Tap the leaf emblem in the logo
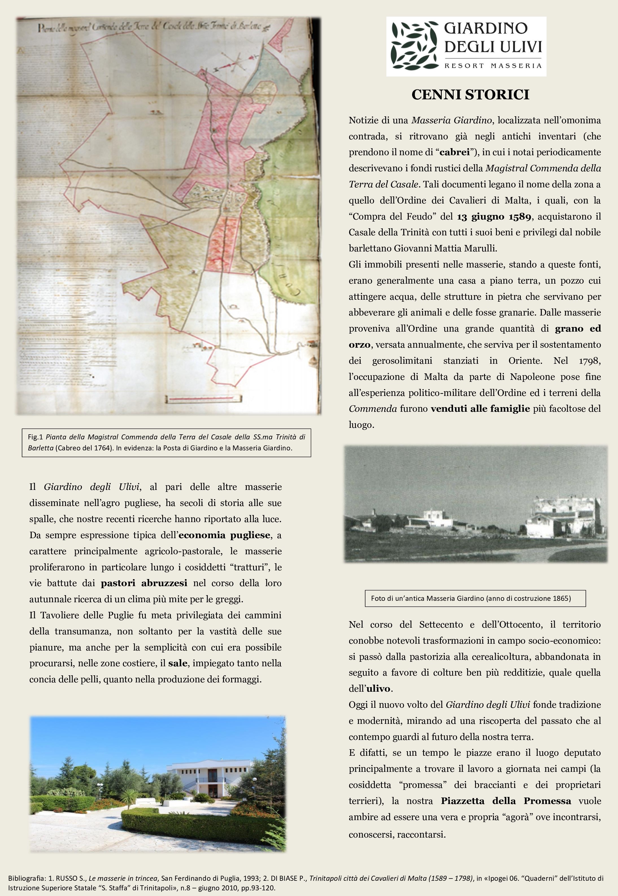(414, 47)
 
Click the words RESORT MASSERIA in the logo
(493, 66)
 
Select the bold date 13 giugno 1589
(494, 217)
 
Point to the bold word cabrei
(454, 152)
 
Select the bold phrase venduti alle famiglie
(480, 409)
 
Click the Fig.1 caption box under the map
(166, 442)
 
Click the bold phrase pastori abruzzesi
(144, 583)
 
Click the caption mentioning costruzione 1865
(475, 598)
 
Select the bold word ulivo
(380, 689)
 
